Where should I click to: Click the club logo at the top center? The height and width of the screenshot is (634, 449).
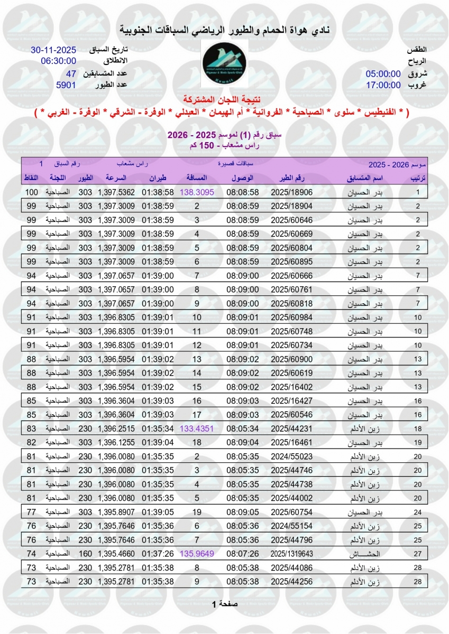pos(224,67)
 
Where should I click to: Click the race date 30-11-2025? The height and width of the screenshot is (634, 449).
pos(53,50)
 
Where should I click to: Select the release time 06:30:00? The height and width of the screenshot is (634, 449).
pos(59,61)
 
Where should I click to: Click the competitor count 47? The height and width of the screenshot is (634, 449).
pos(71,73)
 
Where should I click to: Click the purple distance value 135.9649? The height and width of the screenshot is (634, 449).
pos(197,554)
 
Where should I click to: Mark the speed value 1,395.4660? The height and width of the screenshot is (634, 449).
pos(116,554)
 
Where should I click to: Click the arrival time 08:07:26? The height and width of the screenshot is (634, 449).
pos(243,554)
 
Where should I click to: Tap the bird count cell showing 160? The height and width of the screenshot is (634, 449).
pos(86,554)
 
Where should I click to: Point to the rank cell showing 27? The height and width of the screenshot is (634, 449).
pos(417,554)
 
